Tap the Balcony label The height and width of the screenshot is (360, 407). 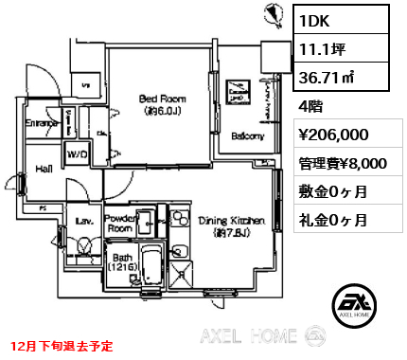pyautogui.click(x=248, y=136)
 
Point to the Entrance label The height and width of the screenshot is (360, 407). pyautogui.click(x=42, y=123)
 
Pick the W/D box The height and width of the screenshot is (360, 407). pyautogui.click(x=78, y=154)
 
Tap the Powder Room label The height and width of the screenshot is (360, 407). pyautogui.click(x=120, y=223)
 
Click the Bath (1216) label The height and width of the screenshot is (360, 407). pyautogui.click(x=123, y=263)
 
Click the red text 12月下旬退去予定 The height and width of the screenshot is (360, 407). pyautogui.click(x=61, y=347)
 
